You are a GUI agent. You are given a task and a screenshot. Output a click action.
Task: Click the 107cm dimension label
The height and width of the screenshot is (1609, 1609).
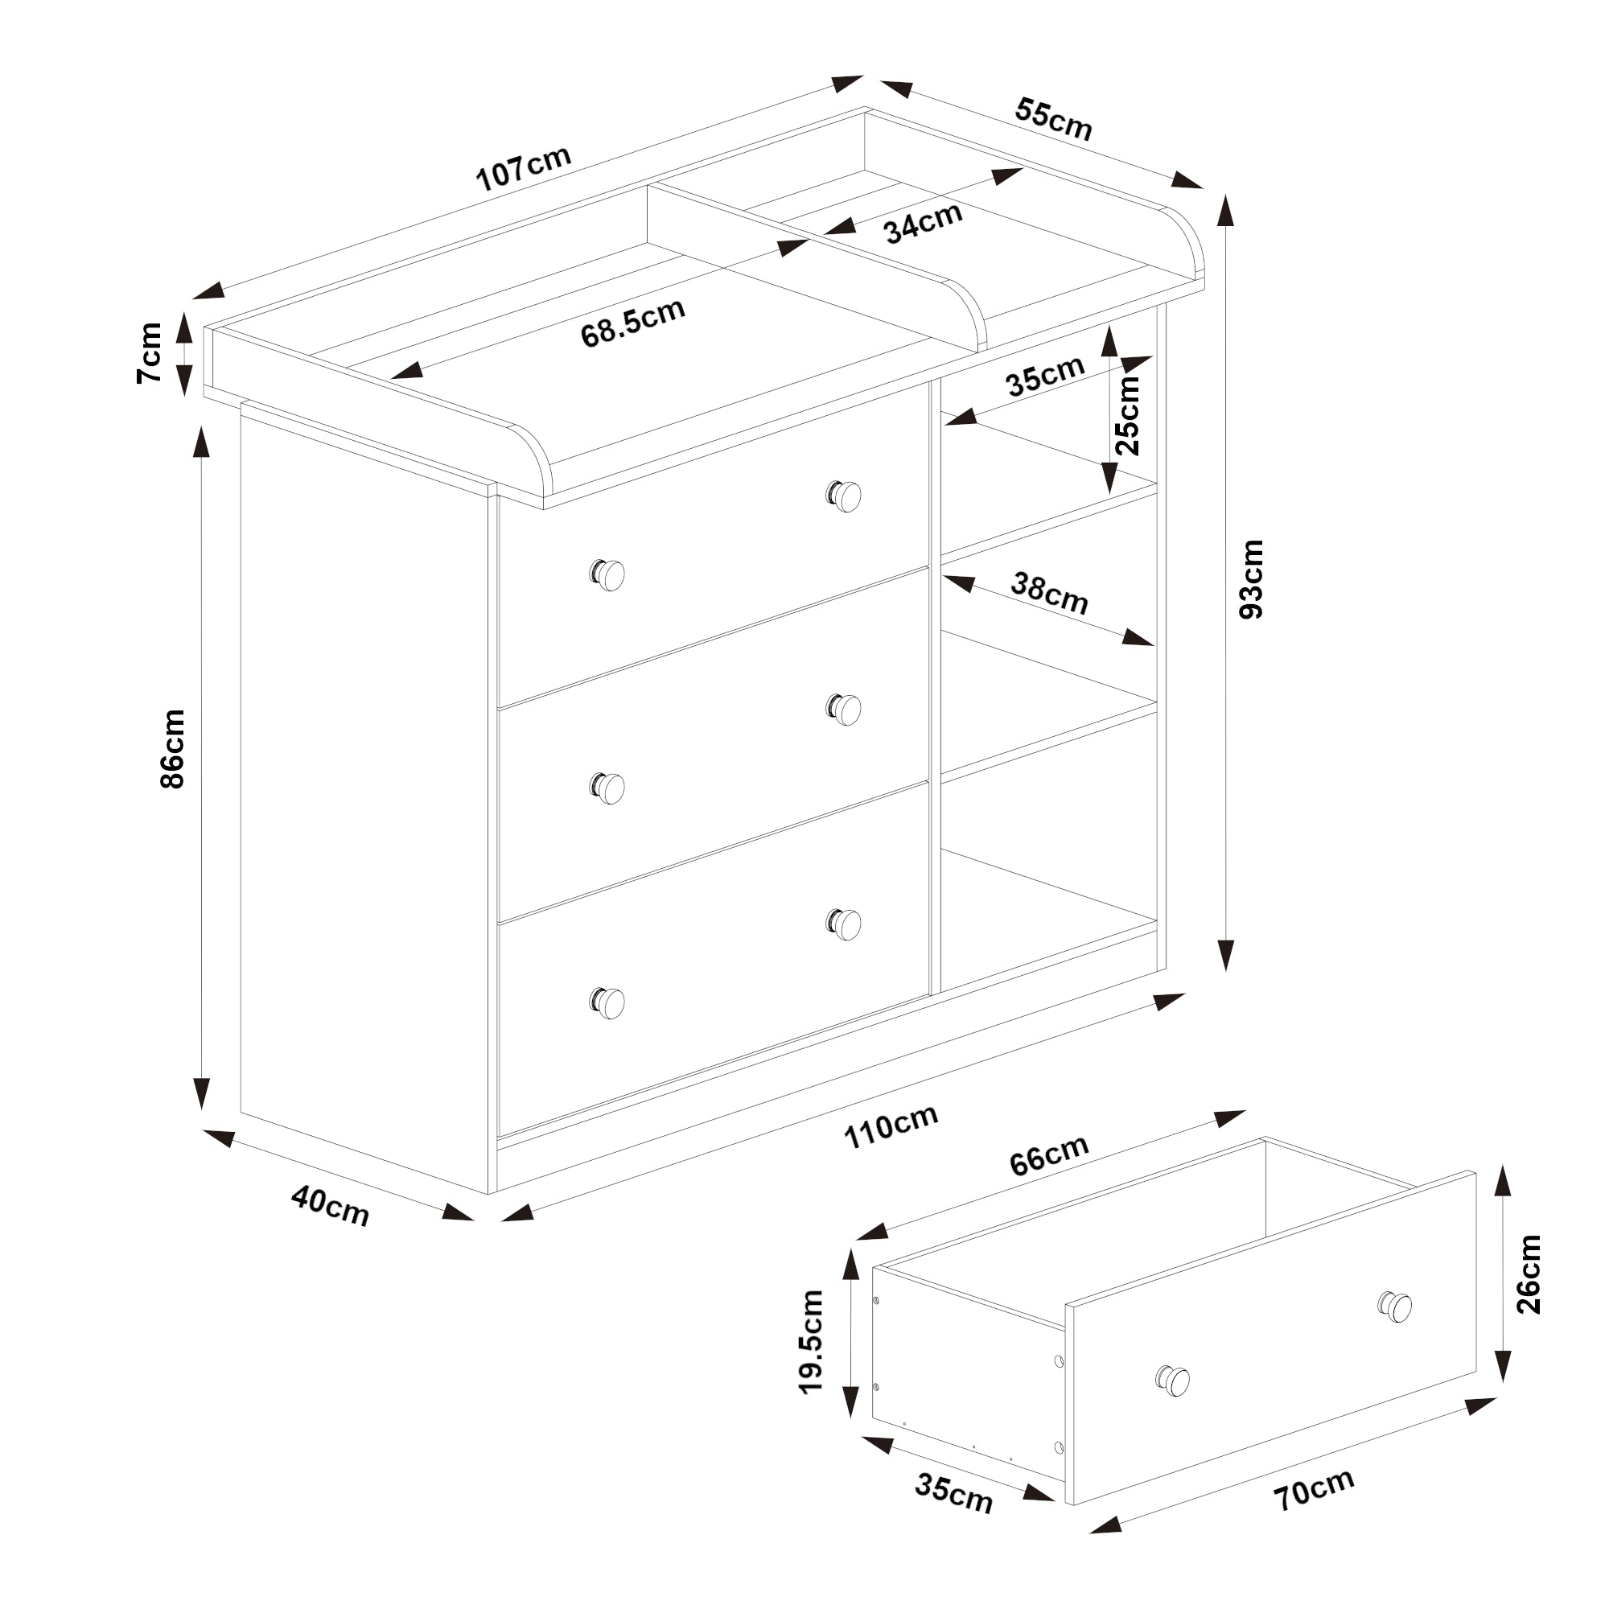click(523, 167)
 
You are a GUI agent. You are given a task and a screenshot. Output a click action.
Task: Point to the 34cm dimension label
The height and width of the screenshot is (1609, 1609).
click(923, 222)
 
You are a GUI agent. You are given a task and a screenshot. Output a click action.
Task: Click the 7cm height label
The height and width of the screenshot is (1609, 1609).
click(150, 352)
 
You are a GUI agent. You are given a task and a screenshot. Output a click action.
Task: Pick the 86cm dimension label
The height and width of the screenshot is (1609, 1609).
click(172, 749)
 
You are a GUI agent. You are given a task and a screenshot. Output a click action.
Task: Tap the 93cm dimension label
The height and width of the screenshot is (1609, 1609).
click(1251, 578)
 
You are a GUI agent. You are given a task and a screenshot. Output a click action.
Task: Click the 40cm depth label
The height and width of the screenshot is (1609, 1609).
click(330, 1207)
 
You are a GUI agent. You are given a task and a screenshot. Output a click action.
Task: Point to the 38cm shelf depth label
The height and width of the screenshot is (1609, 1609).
click(1049, 593)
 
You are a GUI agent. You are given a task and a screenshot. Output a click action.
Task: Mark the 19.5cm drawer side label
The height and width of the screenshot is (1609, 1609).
click(811, 1342)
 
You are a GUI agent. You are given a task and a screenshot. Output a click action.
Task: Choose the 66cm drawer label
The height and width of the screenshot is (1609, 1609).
click(1048, 1155)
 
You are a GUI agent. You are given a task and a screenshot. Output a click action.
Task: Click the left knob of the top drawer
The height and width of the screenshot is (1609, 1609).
click(609, 574)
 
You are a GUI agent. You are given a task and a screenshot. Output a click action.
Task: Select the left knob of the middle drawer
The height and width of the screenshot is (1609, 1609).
click(609, 787)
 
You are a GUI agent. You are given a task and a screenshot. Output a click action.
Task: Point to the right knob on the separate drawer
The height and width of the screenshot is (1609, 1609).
click(1396, 1305)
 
